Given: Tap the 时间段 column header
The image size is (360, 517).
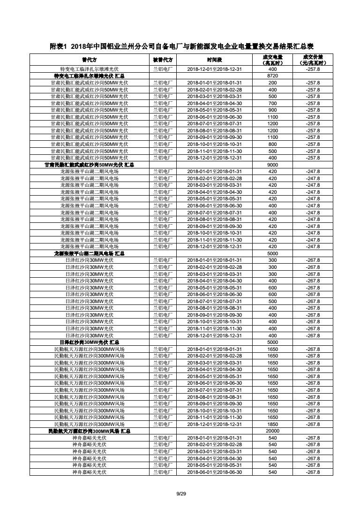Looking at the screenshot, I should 214,60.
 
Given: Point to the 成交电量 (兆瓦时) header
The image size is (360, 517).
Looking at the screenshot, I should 272,60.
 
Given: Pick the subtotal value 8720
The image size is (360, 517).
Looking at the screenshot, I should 272,76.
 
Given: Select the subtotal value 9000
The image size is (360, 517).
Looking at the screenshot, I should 272,164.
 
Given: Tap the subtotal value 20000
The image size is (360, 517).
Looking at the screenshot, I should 272,431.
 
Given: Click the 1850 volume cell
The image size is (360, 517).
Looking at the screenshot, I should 272,424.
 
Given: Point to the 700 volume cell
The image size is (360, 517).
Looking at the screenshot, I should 272,103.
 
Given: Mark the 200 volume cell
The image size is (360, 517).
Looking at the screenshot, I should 272,83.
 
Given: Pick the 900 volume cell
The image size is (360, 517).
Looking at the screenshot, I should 272,110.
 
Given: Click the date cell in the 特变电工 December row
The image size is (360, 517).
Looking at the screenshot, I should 214,69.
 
